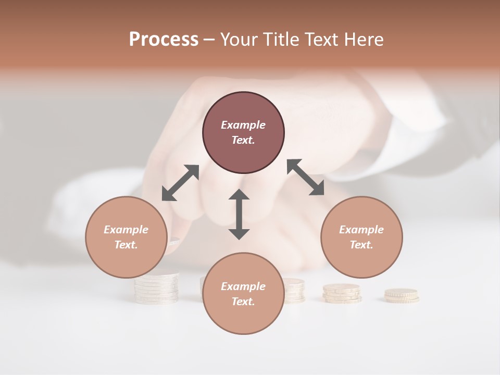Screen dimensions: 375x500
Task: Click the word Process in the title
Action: [164, 39]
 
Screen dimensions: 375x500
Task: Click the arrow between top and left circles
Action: [180, 183]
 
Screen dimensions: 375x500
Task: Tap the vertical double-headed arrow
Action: [239, 214]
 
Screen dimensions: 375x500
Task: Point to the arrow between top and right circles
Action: [305, 177]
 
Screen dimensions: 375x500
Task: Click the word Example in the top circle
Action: [243, 125]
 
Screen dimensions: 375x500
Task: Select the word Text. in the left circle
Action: [126, 245]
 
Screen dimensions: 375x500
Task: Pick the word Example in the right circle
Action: [361, 230]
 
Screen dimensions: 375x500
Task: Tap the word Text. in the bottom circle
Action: [243, 302]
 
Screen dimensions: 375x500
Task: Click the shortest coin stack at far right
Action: [402, 296]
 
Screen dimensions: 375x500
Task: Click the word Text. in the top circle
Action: [243, 140]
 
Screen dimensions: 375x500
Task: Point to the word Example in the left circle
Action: [126, 230]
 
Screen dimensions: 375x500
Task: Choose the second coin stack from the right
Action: [341, 293]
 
